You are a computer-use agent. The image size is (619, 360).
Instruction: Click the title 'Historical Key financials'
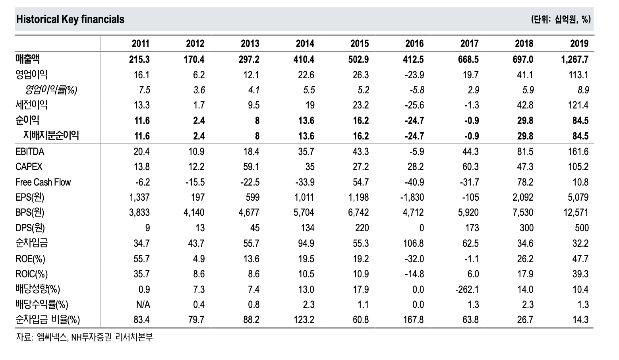[70, 19]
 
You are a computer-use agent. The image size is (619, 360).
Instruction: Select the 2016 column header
[414, 43]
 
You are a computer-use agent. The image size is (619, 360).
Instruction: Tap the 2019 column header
[579, 43]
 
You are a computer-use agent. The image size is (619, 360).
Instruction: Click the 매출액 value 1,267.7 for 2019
[575, 59]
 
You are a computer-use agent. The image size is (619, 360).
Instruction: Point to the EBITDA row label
[30, 152]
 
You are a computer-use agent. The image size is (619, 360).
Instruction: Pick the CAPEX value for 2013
[251, 167]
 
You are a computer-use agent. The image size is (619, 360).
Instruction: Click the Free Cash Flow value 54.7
[360, 182]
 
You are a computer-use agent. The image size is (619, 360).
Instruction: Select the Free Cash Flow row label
[43, 182]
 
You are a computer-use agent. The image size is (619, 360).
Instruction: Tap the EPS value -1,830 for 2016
[412, 197]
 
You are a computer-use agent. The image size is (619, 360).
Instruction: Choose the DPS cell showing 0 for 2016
[422, 228]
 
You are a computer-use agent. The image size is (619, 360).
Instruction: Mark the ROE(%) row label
[30, 259]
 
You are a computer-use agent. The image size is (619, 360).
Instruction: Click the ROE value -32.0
[414, 259]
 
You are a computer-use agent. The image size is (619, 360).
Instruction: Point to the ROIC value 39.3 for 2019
[580, 274]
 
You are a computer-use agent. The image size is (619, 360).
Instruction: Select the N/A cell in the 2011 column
[143, 304]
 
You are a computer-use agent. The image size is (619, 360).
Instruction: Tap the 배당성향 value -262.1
[467, 289]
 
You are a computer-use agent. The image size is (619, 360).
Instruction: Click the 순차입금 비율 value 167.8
[413, 319]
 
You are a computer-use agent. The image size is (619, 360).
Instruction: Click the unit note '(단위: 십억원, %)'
[561, 19]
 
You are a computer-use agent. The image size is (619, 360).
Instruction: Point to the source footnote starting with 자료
[84, 337]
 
